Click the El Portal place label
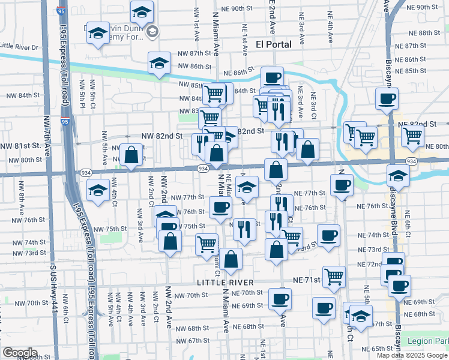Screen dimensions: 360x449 coord(273,44)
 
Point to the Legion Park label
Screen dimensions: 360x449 coord(427,341)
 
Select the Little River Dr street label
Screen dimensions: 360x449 coord(19,46)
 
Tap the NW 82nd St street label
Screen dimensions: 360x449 coord(161,136)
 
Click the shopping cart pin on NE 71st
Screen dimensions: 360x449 coord(334,277)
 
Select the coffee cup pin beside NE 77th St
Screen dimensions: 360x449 coord(342,184)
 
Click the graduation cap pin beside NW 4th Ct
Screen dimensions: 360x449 coord(98,190)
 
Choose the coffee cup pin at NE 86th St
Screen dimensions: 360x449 coord(272,77)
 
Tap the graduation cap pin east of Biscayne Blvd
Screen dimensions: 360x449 coord(398,175)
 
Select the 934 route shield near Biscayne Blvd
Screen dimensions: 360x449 coord(411,162)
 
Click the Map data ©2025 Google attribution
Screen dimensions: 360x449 coord(412,355)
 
